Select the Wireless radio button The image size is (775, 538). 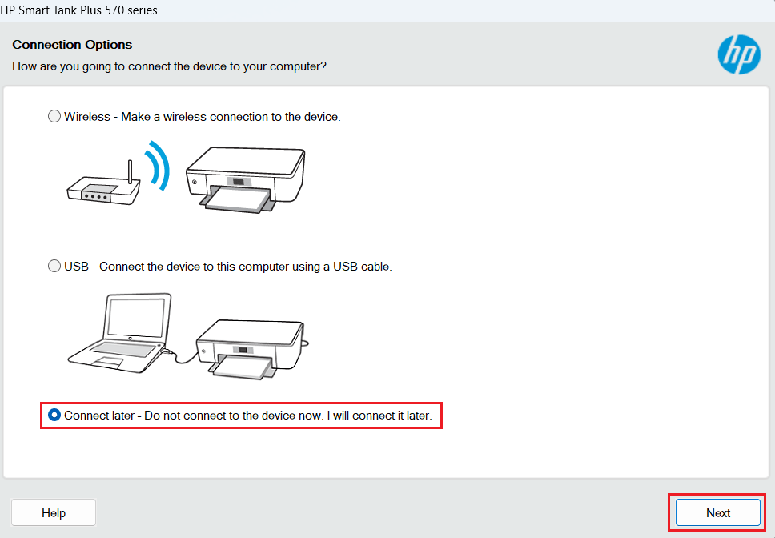pyautogui.click(x=54, y=116)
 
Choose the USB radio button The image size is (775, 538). pyautogui.click(x=54, y=266)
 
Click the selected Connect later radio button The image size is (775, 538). pyautogui.click(x=54, y=416)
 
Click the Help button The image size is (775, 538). pyautogui.click(x=54, y=512)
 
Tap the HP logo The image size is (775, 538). pyautogui.click(x=738, y=54)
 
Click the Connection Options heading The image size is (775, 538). pyautogui.click(x=72, y=45)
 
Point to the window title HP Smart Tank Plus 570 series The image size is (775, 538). pyautogui.click(x=78, y=10)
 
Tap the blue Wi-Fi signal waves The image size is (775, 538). pyautogui.click(x=159, y=166)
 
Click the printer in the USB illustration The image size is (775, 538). pyautogui.click(x=250, y=344)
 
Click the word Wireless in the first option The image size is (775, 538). pyautogui.click(x=87, y=116)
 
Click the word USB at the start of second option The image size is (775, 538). pyautogui.click(x=76, y=266)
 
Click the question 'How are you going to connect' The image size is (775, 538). pyautogui.click(x=169, y=66)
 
